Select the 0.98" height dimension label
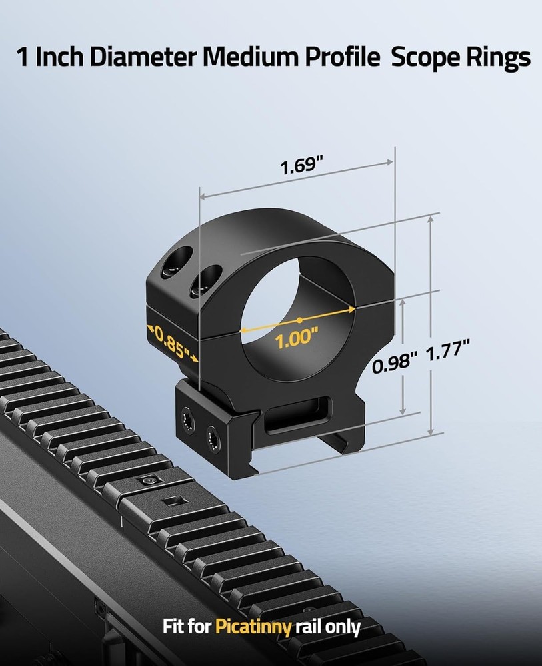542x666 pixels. tap(395, 364)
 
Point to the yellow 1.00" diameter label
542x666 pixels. tap(294, 338)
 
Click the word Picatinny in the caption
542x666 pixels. tap(253, 627)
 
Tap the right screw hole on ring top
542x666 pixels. tap(206, 280)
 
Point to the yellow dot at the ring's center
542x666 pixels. tap(300, 320)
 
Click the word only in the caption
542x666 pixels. tap(344, 627)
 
